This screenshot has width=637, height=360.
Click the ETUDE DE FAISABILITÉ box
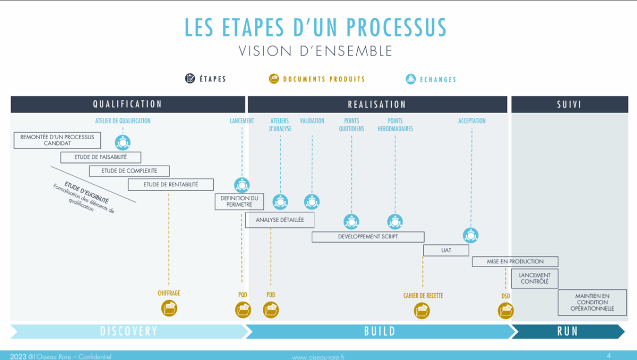[x=101, y=157]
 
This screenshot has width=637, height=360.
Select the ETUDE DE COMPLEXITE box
[x=130, y=171]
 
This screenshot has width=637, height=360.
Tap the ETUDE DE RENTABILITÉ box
[x=170, y=185]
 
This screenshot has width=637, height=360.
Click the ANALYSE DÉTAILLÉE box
[x=280, y=220]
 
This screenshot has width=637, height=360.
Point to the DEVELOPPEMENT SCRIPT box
[x=368, y=237]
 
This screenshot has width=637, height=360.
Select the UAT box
[x=446, y=250]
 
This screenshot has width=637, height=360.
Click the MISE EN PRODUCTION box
[x=515, y=261]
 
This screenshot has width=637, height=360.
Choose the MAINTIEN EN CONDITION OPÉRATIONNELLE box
[x=592, y=302]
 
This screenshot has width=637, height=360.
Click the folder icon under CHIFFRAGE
[x=169, y=308]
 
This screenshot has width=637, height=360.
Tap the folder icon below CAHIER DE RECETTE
[x=422, y=310]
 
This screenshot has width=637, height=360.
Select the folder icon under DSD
[x=505, y=310]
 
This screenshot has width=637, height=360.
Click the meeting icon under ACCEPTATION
[x=471, y=235]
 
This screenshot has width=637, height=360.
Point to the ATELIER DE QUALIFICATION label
[x=123, y=121]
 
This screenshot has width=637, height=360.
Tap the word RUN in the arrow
[x=567, y=331]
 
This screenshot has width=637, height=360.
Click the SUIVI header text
[x=569, y=105]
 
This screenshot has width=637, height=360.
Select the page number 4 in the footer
[x=609, y=355]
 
